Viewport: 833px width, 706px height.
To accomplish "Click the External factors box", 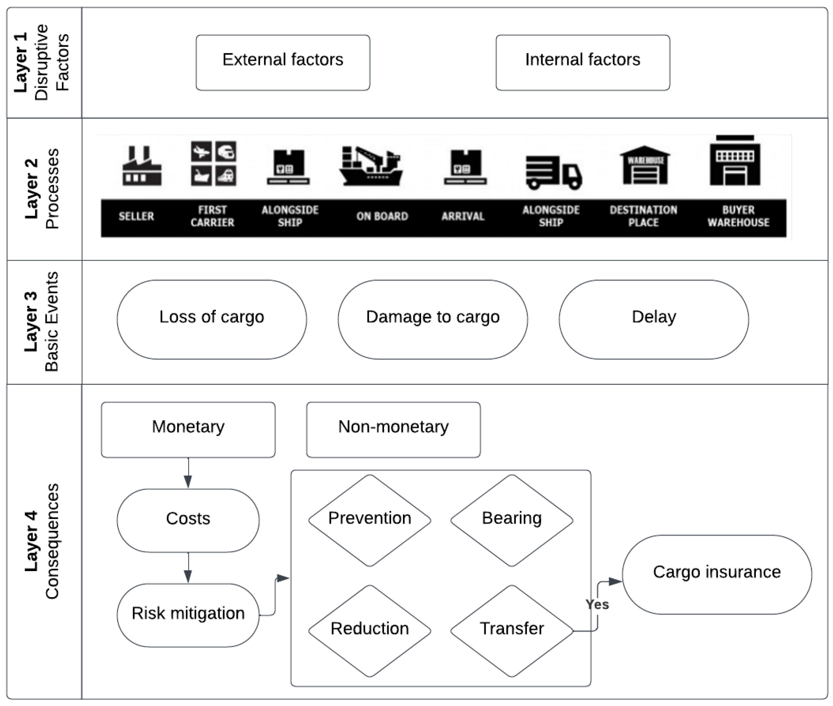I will click(282, 62).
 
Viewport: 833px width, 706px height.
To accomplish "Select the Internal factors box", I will click(582, 62).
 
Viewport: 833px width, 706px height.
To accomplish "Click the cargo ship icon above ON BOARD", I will click(371, 167).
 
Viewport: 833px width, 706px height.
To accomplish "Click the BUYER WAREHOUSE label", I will click(738, 216).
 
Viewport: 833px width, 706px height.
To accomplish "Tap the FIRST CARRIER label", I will click(212, 216).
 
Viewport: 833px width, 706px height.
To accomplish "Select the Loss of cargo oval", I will click(212, 319).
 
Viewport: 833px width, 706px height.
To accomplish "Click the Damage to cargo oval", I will click(433, 319).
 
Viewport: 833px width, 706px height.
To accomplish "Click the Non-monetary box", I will click(393, 430).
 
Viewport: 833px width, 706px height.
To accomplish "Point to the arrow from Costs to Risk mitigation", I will click(188, 568).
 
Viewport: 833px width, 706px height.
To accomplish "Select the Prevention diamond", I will click(369, 520).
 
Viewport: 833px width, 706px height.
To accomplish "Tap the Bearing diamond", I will click(512, 520).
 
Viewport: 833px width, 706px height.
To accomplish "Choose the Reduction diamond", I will click(369, 631).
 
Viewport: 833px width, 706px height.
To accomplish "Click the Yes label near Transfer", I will click(597, 604).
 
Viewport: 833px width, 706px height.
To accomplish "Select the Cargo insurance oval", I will click(716, 574).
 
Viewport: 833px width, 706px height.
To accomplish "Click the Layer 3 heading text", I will click(31, 322).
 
